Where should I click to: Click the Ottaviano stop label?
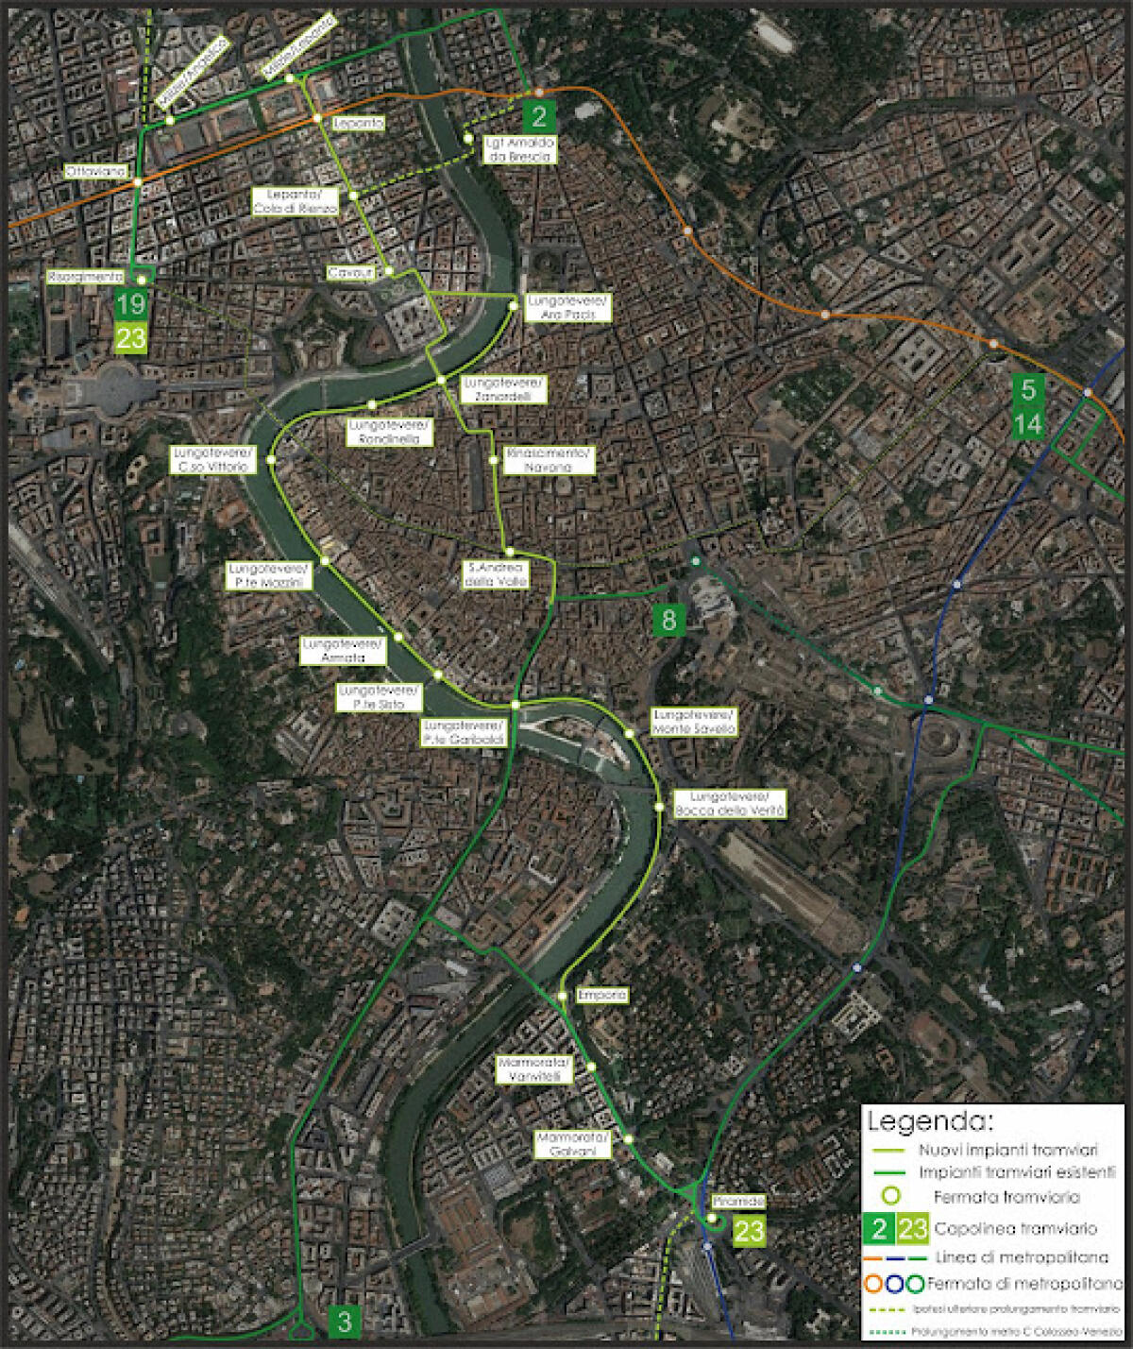coord(95,172)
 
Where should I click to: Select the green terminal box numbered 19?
coord(130,304)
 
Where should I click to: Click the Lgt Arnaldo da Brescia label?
coord(518,149)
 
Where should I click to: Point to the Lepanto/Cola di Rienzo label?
coord(296,201)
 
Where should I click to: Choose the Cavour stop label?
coord(350,272)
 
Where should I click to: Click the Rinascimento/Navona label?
coord(550,460)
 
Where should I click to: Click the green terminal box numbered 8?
coord(668,620)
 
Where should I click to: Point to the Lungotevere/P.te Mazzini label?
coord(269,576)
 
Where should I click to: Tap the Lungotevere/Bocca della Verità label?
coord(730,804)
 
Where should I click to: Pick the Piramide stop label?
coord(738,1202)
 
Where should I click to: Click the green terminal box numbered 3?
coord(344,1321)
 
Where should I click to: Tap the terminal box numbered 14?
coord(1027,424)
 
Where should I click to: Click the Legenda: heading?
coord(930,1122)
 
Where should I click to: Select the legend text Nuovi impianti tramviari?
coord(1007,1151)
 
